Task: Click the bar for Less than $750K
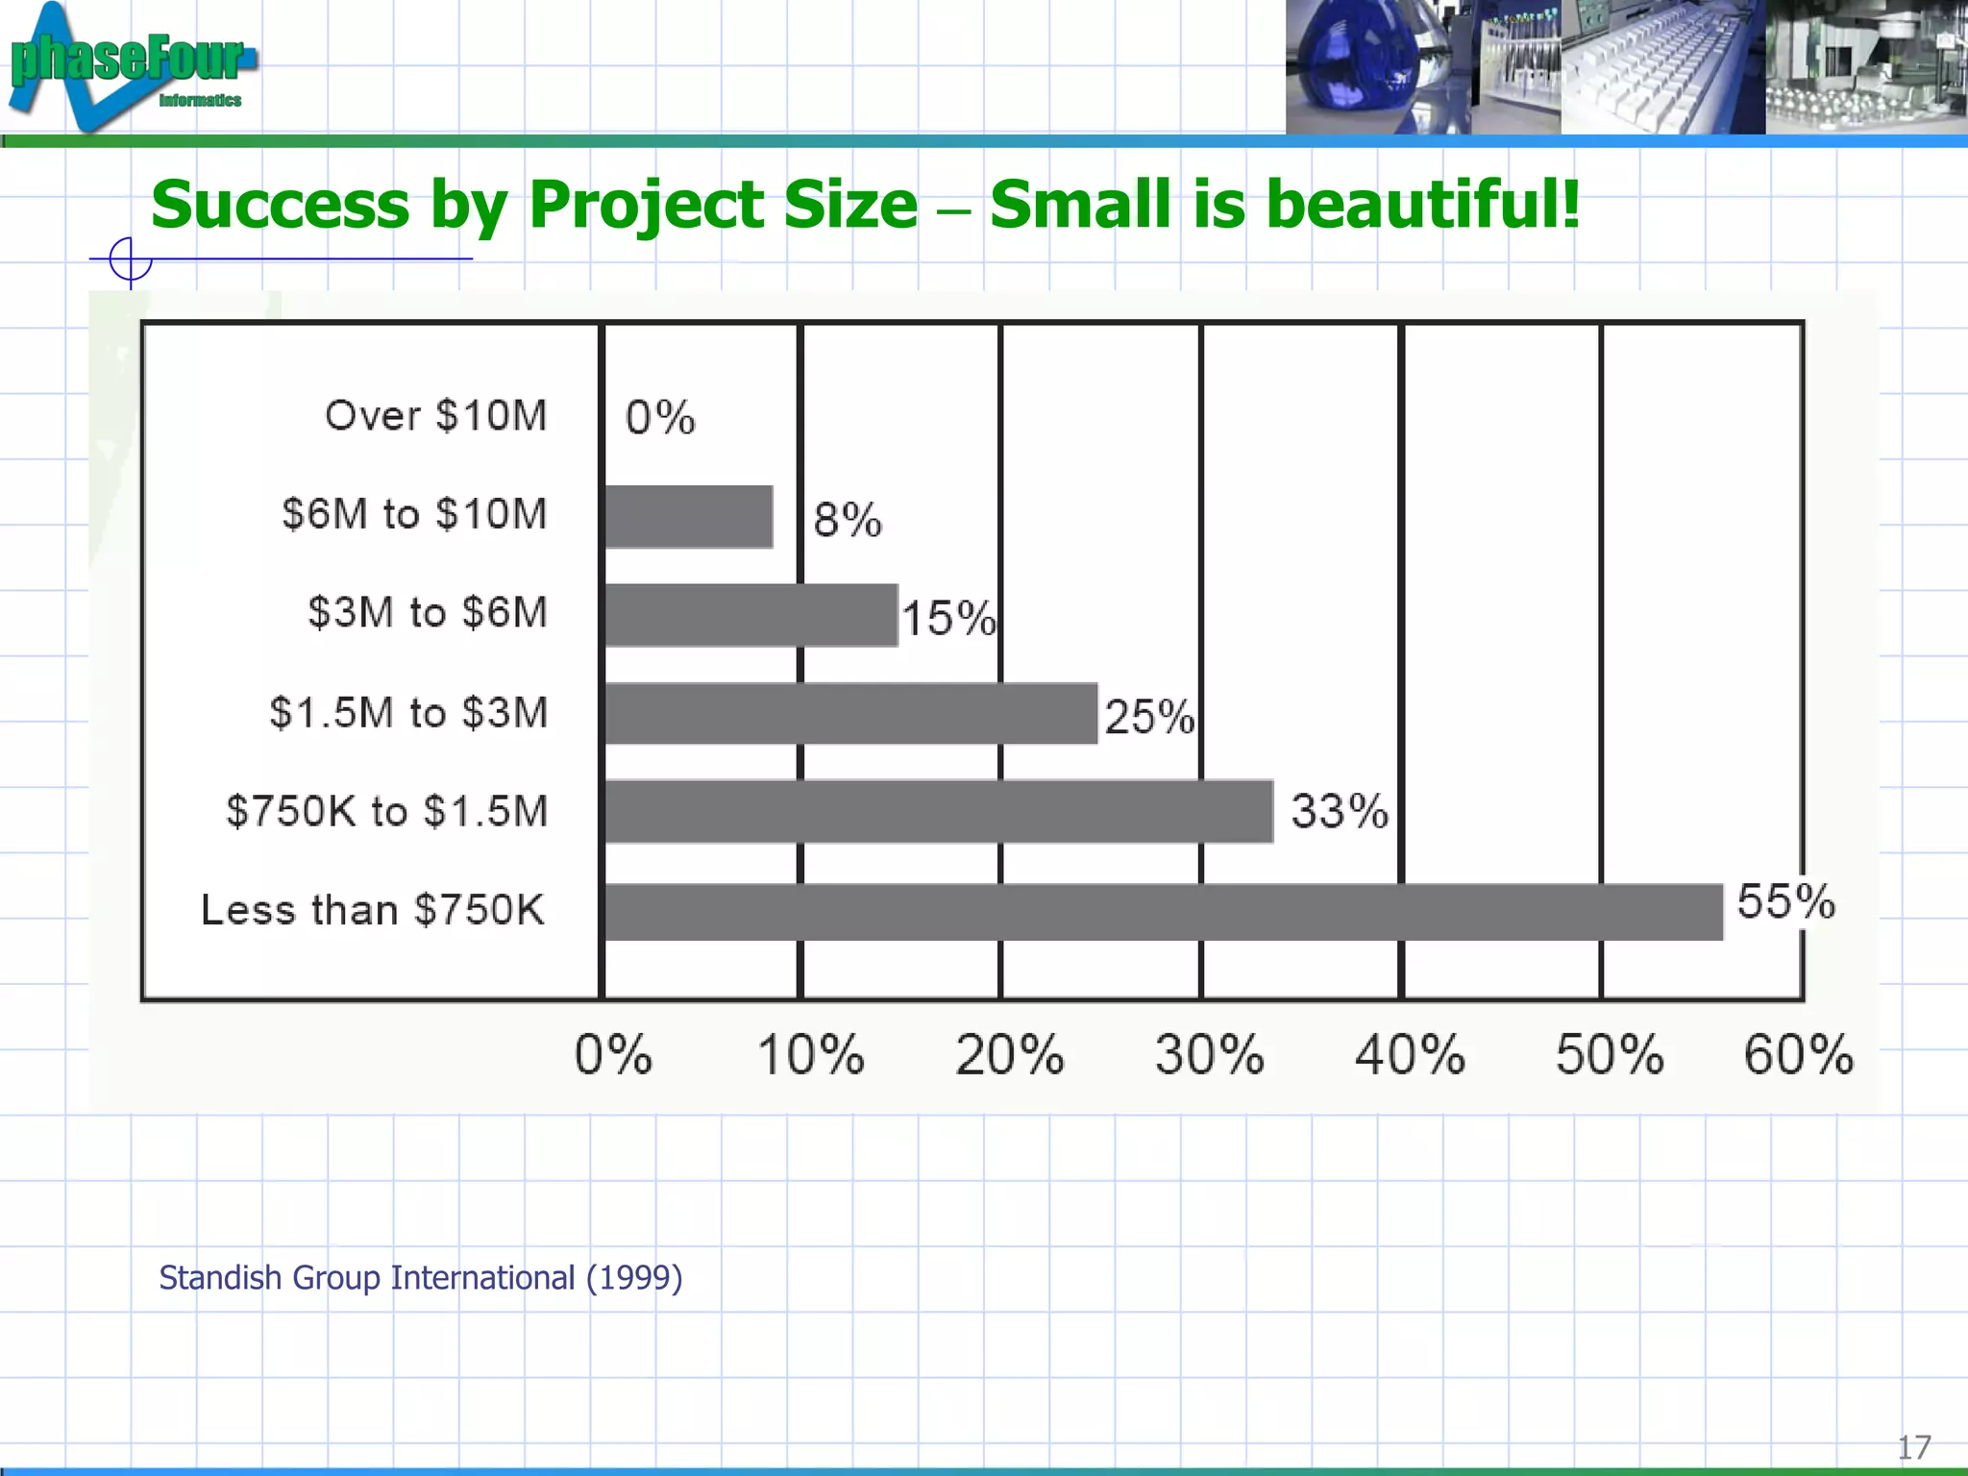click(x=1163, y=912)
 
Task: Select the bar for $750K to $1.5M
click(x=939, y=812)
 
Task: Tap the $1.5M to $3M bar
click(x=850, y=713)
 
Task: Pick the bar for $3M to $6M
click(x=750, y=615)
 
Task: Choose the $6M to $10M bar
click(x=688, y=517)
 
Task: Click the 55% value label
click(x=1785, y=902)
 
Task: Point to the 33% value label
click(x=1340, y=811)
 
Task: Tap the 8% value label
click(x=847, y=520)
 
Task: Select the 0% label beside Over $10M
click(x=660, y=418)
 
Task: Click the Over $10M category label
click(x=435, y=416)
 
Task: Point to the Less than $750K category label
click(x=373, y=910)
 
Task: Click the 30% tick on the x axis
click(x=1209, y=1055)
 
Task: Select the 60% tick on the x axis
click(x=1798, y=1055)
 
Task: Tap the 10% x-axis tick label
click(x=810, y=1055)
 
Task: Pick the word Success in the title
click(x=281, y=206)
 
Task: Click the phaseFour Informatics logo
click(x=130, y=65)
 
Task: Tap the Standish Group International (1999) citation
click(x=421, y=1278)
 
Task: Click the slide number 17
click(x=1913, y=1447)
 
